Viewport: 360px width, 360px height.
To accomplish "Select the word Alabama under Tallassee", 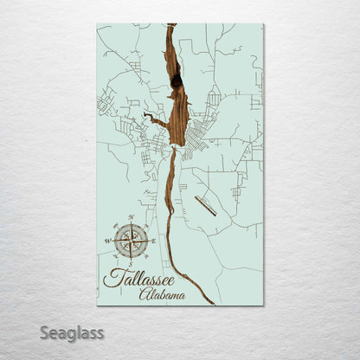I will pos(162,295).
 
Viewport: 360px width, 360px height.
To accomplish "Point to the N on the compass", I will pos(132,217).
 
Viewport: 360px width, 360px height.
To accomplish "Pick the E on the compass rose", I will pos(155,241).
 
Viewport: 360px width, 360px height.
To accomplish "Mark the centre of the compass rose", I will pos(132,241).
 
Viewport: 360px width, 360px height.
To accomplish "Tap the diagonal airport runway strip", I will pos(206,206).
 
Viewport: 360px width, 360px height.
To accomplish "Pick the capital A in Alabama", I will pos(144,295).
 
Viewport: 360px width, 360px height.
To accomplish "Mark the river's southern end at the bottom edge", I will pos(213,304).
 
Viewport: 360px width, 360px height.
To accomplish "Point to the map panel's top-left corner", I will pos(97,24).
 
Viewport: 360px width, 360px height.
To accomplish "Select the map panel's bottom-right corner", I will pos(263,305).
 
